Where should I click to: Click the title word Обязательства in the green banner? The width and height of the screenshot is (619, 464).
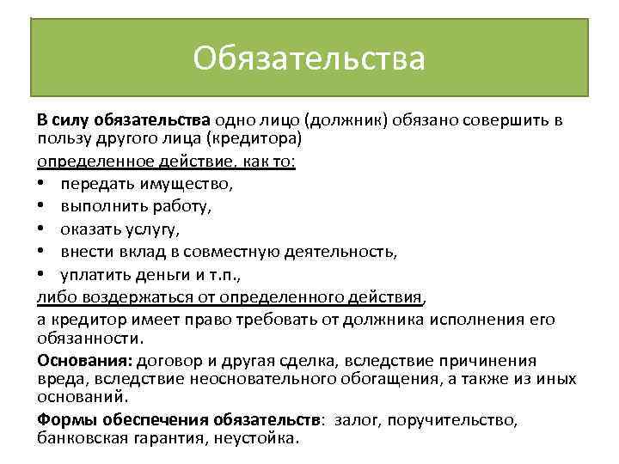309,58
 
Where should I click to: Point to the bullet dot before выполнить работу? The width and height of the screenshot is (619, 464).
43,206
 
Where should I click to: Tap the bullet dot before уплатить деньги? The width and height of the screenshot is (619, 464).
43,275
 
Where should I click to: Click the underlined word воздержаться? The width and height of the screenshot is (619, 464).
126,297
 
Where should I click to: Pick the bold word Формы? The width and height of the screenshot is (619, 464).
65,420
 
